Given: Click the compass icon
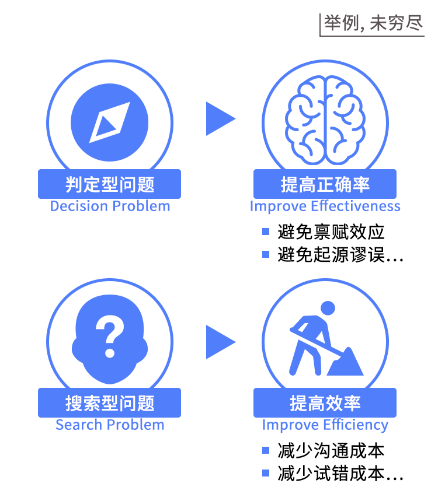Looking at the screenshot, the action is coord(109,122).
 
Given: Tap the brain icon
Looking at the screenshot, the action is coord(325,120).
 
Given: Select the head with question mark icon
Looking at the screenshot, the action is coord(110,339).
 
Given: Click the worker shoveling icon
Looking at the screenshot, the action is coord(326,338).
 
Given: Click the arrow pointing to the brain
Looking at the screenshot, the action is coord(221,118).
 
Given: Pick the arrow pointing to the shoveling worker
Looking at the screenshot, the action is coord(221,342).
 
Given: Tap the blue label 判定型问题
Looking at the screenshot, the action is coord(109,184).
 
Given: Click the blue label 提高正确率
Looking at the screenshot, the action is coord(325,184).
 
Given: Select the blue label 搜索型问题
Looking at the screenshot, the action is coord(109,402).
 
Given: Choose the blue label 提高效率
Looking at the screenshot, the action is coord(325,402).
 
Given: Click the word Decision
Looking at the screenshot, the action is coord(79,206).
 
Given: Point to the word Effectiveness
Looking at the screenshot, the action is coord(356,206).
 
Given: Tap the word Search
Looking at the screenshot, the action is coord(79,425).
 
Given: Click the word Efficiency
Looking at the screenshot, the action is coord(356,426).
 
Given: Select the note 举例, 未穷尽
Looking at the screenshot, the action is coord(373,23).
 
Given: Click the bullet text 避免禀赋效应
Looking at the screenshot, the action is coord(331,232).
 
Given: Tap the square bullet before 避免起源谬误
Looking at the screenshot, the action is coord(266,254).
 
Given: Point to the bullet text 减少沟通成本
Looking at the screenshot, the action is coord(331,450).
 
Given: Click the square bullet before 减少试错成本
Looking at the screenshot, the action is coord(266,473).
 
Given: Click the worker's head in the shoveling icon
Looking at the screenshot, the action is coord(328,309).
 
